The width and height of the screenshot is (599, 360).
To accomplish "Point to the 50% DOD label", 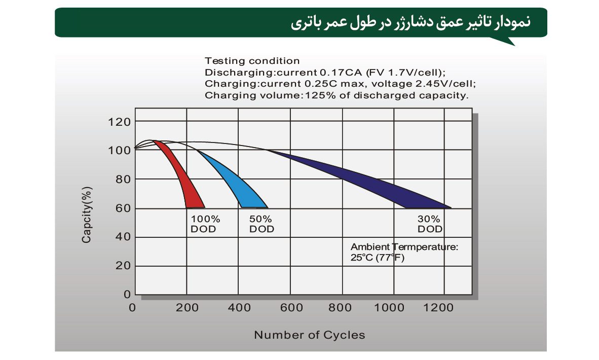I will (261, 224).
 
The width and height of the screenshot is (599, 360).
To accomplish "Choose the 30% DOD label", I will (430, 224).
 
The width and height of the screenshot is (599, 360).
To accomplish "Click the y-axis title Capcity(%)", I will (87, 214).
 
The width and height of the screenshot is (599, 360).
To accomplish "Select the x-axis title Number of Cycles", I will (309, 335).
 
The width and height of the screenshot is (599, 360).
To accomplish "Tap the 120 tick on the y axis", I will (119, 122).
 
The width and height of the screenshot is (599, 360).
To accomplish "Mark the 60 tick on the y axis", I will (123, 208).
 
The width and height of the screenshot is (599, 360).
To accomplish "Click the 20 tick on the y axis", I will (123, 266).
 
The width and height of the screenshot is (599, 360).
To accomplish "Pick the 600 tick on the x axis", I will (291, 308).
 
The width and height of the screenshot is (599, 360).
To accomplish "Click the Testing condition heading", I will (252, 61).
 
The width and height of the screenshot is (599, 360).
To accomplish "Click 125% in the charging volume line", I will (316, 95).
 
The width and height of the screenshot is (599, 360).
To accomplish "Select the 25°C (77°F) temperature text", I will (378, 258).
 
